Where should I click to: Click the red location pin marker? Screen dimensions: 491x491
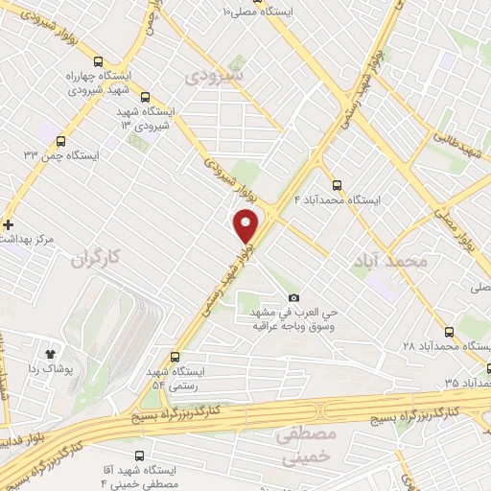tap(247, 224)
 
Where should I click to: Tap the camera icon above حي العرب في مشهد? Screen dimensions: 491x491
tap(293, 298)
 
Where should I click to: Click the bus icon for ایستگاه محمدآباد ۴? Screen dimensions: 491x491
tap(336, 186)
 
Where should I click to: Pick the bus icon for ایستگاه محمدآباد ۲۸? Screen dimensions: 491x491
tap(449, 332)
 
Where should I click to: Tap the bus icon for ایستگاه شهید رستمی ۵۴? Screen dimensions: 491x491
tap(174, 355)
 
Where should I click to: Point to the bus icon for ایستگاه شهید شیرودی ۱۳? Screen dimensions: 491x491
tap(145, 97)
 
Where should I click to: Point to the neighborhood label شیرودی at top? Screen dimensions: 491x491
tap(216, 74)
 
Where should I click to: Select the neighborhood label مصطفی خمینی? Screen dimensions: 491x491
tap(306, 447)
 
